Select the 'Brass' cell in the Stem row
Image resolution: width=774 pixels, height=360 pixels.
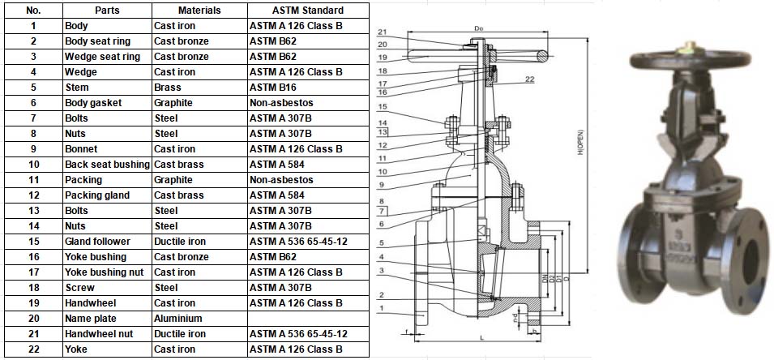click(x=168, y=88)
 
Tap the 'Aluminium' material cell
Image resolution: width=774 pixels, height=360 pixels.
click(x=177, y=319)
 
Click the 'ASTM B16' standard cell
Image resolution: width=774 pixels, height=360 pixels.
click(x=273, y=88)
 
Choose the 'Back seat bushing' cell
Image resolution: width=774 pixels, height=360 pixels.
click(x=107, y=165)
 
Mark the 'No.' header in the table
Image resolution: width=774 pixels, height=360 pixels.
click(x=33, y=11)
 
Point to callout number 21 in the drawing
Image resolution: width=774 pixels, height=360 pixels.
click(x=383, y=32)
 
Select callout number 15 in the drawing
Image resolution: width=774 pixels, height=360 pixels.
click(x=383, y=107)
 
